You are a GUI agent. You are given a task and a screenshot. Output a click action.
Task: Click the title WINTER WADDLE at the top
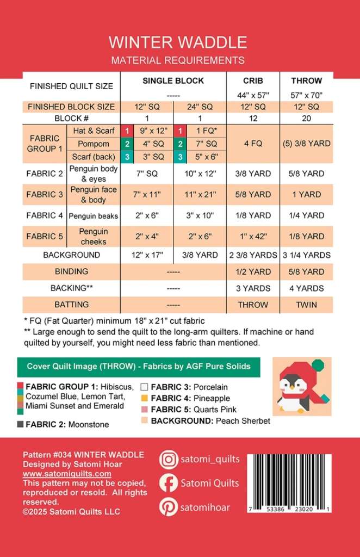click(x=178, y=42)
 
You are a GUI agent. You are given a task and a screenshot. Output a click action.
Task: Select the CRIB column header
click(x=253, y=81)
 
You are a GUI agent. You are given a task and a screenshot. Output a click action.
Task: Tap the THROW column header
click(x=306, y=81)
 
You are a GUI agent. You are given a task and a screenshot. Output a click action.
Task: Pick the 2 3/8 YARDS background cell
click(x=253, y=255)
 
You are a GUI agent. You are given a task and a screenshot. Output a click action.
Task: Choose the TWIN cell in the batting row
click(x=306, y=305)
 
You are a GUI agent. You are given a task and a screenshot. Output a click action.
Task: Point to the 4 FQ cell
click(x=253, y=144)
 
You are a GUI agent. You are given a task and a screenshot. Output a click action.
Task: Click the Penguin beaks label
click(x=94, y=216)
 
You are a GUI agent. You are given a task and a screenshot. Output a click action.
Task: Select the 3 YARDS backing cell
click(x=253, y=288)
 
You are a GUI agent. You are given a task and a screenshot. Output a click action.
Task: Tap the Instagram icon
click(x=169, y=460)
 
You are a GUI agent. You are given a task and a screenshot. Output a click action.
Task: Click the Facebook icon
click(x=169, y=483)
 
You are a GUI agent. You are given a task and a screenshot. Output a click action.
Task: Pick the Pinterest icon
click(x=169, y=507)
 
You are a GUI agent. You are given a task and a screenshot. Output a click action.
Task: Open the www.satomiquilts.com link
click(x=67, y=474)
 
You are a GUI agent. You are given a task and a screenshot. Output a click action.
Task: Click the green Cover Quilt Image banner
click(x=139, y=367)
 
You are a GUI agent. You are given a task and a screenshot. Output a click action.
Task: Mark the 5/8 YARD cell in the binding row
click(x=306, y=271)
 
